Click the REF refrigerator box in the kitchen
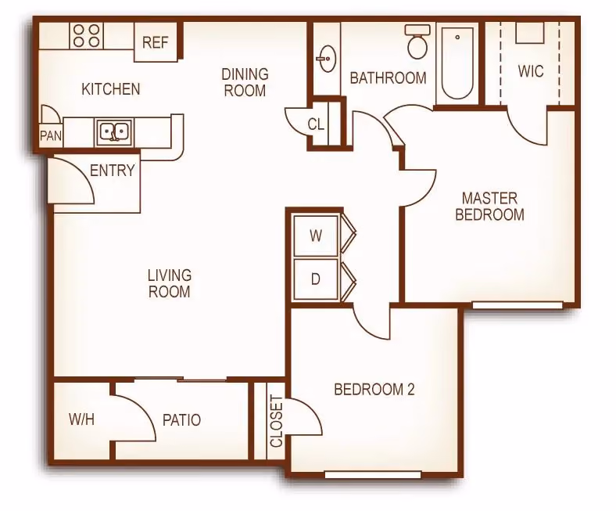pyautogui.click(x=156, y=41)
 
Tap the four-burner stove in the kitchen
pyautogui.click(x=87, y=35)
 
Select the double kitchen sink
pyautogui.click(x=114, y=131)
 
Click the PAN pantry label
pyautogui.click(x=51, y=135)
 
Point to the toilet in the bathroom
pyautogui.click(x=417, y=41)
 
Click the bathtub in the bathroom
pyautogui.click(x=457, y=63)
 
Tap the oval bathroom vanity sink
pyautogui.click(x=327, y=59)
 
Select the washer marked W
pyautogui.click(x=316, y=236)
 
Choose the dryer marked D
pyautogui.click(x=316, y=279)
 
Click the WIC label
pyautogui.click(x=531, y=71)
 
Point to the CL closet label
pyautogui.click(x=317, y=124)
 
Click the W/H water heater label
pyautogui.click(x=82, y=419)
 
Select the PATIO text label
pyautogui.click(x=181, y=420)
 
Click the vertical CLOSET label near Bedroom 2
pyautogui.click(x=277, y=421)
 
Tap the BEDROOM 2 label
pyautogui.click(x=374, y=390)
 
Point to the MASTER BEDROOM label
pyautogui.click(x=489, y=206)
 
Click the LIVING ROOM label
pyautogui.click(x=170, y=283)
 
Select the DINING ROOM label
pyautogui.click(x=245, y=82)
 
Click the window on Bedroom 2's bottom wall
pyautogui.click(x=373, y=475)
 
